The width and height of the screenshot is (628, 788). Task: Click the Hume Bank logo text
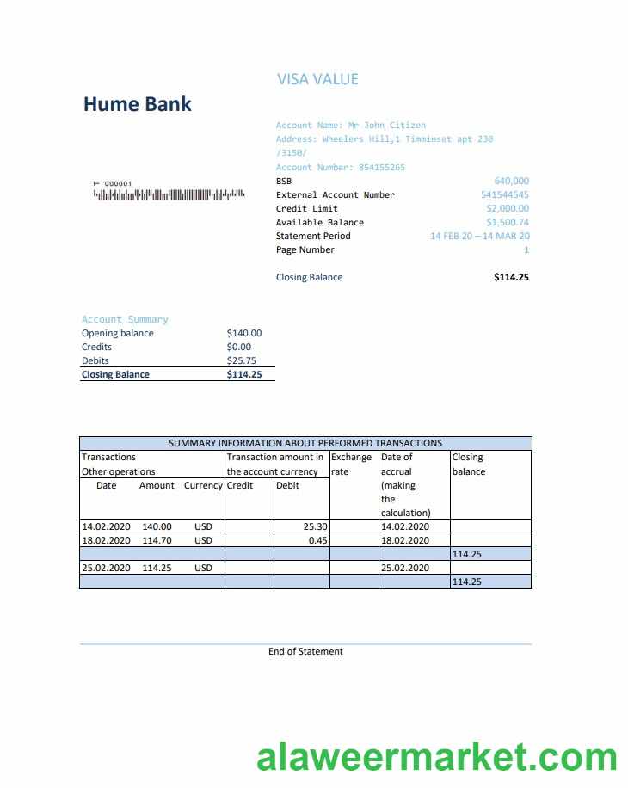[137, 105]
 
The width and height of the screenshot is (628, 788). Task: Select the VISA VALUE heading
[317, 79]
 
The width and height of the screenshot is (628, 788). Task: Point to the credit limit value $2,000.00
[508, 208]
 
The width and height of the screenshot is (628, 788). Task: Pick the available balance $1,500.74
[508, 222]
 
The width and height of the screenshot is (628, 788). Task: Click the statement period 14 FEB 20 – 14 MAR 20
[479, 236]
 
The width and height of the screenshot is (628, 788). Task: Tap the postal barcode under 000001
[169, 194]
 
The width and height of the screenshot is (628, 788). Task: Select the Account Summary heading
[125, 319]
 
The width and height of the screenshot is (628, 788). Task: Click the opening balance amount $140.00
[243, 333]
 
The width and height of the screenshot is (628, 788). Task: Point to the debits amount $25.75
[241, 360]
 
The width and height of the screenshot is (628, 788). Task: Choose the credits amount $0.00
[238, 347]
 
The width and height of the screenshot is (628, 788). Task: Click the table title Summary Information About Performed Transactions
[305, 443]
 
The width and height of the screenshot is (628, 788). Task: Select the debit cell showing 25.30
[315, 526]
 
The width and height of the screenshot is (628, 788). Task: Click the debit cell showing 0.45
[318, 540]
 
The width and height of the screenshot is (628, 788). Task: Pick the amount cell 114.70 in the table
[157, 540]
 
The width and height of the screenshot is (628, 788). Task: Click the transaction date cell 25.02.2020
[106, 568]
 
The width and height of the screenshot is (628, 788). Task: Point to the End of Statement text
[305, 651]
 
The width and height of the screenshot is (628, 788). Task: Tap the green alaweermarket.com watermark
[437, 758]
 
